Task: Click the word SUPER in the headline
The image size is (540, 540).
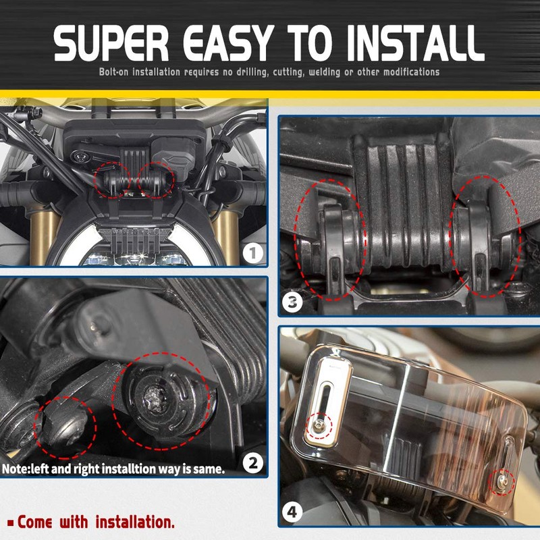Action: [111, 43]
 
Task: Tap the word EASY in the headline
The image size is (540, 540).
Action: [229, 43]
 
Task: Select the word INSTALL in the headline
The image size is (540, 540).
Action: [415, 43]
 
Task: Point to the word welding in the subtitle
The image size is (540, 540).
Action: [324, 72]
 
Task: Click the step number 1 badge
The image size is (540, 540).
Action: [253, 254]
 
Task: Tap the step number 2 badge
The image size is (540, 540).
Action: [253, 463]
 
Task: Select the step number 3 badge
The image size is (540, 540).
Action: [292, 302]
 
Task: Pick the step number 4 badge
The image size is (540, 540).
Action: [292, 512]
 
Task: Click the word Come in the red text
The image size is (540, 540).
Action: [35, 522]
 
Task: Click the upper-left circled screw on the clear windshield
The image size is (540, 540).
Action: [319, 426]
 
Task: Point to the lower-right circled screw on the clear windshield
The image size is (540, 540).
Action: [502, 481]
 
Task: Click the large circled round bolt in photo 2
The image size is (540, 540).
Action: [161, 401]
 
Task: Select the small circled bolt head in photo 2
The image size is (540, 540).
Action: [65, 427]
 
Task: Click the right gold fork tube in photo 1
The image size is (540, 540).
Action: [226, 237]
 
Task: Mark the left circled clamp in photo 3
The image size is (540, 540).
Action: [329, 239]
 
